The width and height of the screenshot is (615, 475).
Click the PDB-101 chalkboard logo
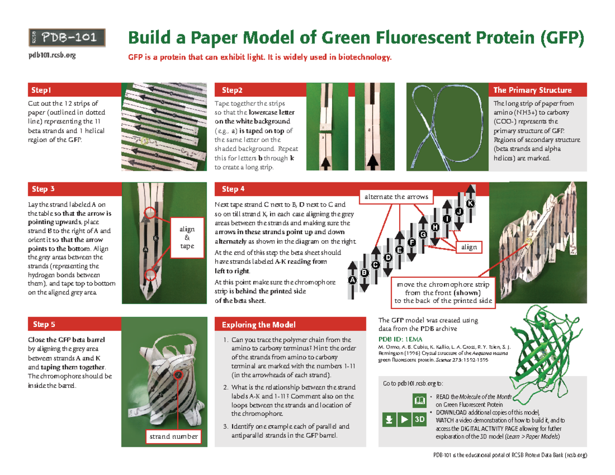66,37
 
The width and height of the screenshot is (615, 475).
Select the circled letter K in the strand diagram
470,204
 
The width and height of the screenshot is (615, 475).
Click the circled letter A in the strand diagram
352,280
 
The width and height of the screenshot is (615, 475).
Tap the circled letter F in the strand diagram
411,242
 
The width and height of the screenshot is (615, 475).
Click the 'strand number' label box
173,436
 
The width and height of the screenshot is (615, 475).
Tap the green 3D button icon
420,420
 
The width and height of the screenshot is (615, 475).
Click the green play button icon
405,420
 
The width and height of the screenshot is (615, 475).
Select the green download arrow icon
390,420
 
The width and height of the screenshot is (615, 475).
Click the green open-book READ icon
419,400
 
